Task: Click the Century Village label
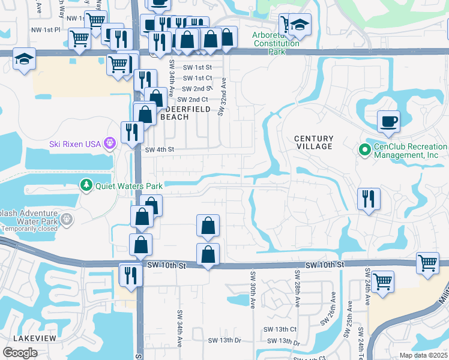pyautogui.click(x=313, y=142)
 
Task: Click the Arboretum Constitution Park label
pyautogui.click(x=276, y=43)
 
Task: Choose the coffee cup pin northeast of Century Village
pyautogui.click(x=388, y=121)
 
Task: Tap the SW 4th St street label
pyautogui.click(x=159, y=149)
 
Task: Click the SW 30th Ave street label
pyautogui.click(x=253, y=289)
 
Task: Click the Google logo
pyautogui.click(x=20, y=352)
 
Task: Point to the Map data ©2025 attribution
pyautogui.click(x=423, y=355)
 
